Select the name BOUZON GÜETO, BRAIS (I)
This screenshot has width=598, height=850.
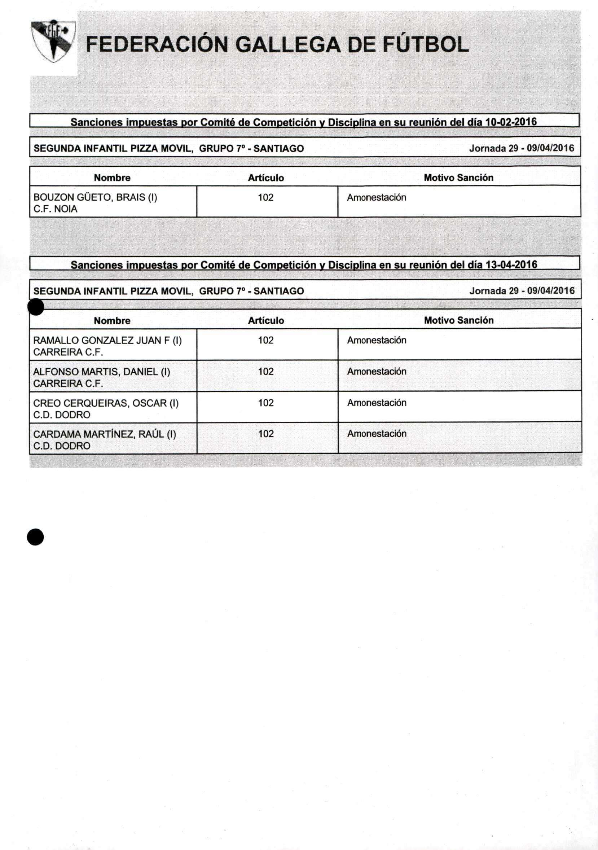click(x=95, y=197)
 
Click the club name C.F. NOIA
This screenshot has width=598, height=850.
click(x=56, y=209)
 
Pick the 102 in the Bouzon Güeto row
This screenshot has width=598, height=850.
click(x=265, y=197)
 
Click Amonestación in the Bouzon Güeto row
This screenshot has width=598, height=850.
click(x=376, y=198)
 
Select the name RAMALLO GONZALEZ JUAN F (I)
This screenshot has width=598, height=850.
click(x=107, y=340)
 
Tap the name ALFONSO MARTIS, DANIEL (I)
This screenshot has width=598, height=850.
click(x=101, y=372)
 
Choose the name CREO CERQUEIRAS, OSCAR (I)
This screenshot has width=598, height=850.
click(x=106, y=403)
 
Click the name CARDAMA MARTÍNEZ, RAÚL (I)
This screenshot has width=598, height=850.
click(x=104, y=434)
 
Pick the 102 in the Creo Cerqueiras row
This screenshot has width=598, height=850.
click(x=265, y=403)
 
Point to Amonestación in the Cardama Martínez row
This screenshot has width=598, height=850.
click(x=376, y=434)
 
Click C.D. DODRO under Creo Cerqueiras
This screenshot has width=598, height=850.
click(x=61, y=415)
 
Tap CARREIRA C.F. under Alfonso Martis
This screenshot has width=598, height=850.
click(x=68, y=384)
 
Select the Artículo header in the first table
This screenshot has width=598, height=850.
click(x=266, y=178)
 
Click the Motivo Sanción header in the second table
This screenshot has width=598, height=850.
click(x=458, y=320)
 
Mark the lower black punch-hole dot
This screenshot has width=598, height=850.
click(x=35, y=537)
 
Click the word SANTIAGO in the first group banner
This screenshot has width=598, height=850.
click(x=279, y=148)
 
